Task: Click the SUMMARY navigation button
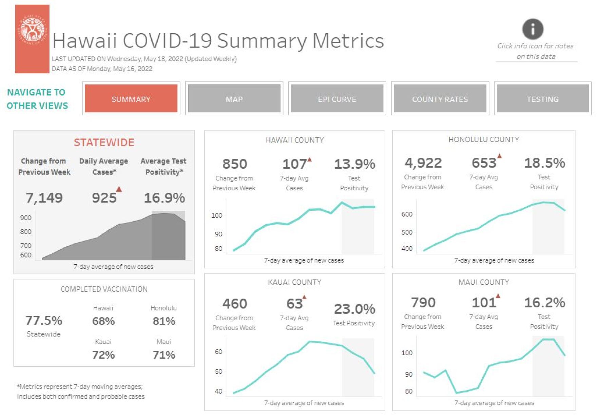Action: point(131,99)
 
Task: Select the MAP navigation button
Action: point(234,99)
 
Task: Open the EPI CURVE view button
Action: point(337,99)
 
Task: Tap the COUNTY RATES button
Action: point(440,99)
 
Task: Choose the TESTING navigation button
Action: point(542,99)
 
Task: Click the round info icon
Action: point(533,29)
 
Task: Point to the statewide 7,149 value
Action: point(44,197)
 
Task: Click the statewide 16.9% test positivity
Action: point(165,197)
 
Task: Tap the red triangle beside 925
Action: point(119,189)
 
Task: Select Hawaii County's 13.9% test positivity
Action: point(354,164)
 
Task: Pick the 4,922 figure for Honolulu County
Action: point(423,163)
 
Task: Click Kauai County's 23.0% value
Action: point(354,309)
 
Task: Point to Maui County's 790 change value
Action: point(423,302)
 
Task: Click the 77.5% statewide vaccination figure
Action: point(44,320)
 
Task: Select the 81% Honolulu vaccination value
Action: point(164,321)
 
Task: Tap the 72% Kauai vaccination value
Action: point(103,355)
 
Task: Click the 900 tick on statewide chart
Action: point(26,218)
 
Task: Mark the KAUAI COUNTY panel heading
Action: point(294,282)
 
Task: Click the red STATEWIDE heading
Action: point(104,142)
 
